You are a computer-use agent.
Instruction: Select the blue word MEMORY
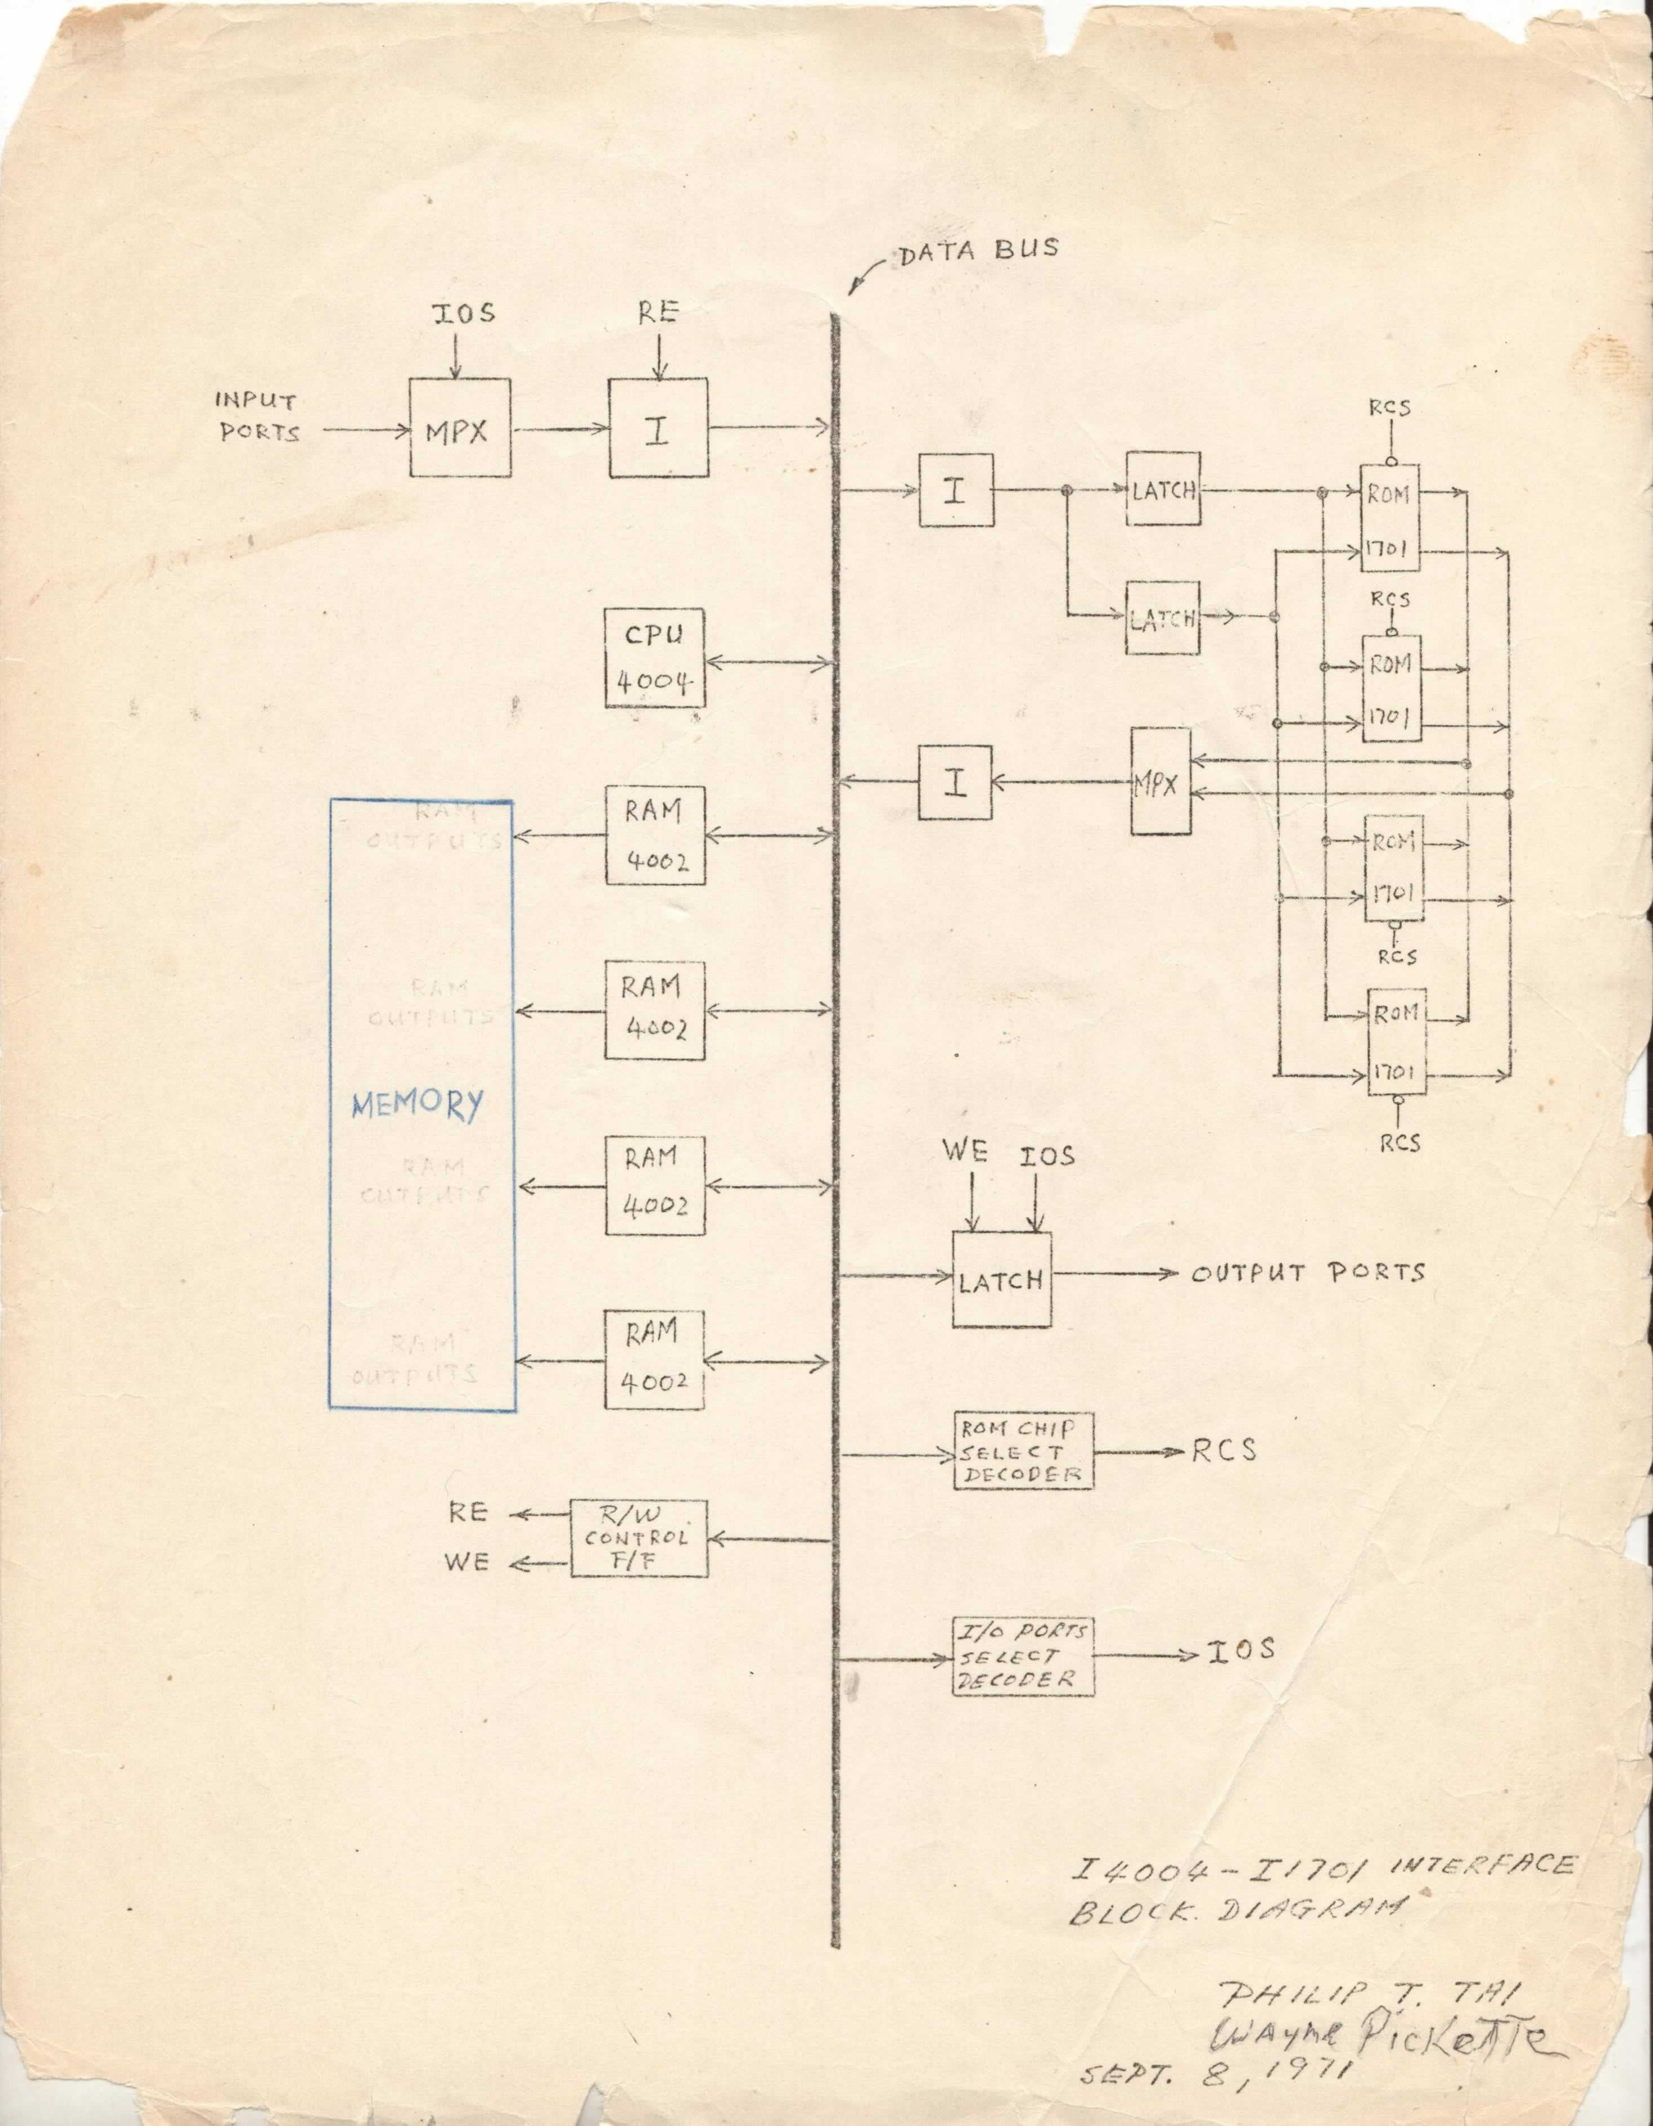pyautogui.click(x=417, y=1105)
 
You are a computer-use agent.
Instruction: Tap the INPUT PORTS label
pyautogui.click(x=257, y=416)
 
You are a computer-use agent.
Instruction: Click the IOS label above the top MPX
pyautogui.click(x=463, y=313)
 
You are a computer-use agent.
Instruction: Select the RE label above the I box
pyautogui.click(x=658, y=313)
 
